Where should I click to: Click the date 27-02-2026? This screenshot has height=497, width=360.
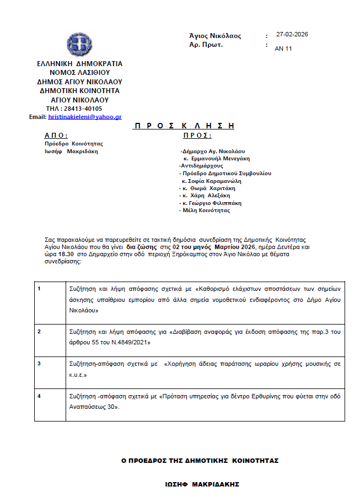(292, 34)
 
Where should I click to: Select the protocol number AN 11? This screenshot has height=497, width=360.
(283, 48)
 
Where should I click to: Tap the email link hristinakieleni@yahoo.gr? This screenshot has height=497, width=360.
(85, 117)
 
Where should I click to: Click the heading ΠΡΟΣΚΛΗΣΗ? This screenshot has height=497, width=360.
(184, 126)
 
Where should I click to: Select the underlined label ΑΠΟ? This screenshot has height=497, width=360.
(56, 135)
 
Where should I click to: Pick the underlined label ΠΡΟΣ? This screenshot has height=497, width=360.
(197, 135)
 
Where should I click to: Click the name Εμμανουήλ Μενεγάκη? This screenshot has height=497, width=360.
(221, 158)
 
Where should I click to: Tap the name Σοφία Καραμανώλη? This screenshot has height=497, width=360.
(215, 180)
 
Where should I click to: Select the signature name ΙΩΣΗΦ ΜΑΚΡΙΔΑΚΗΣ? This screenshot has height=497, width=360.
(202, 484)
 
